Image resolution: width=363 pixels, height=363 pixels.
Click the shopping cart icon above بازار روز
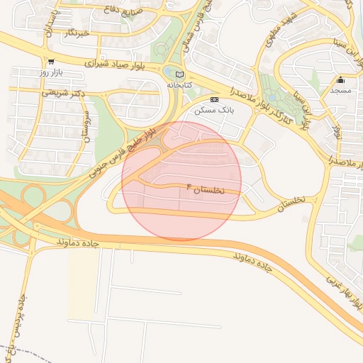pos(52,62)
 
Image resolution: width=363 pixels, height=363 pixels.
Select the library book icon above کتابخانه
pos(179,74)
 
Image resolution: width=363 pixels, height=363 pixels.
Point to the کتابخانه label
pos(179,84)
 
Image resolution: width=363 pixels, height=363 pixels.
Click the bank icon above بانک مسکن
pos(215,100)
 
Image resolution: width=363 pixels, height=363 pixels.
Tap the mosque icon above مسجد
pos(340,80)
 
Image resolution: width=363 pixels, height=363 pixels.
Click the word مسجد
pos(340,91)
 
